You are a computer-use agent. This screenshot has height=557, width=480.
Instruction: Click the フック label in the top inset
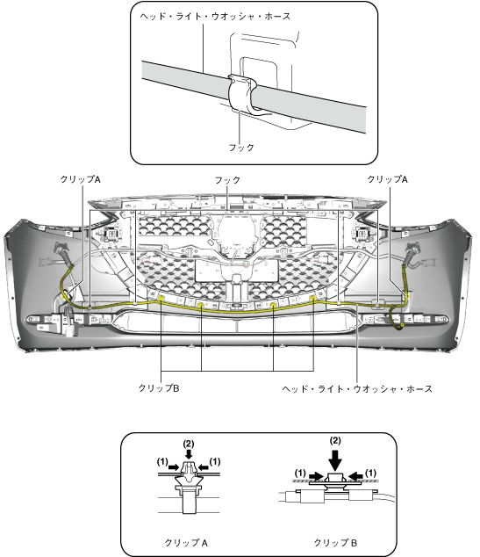click(x=241, y=147)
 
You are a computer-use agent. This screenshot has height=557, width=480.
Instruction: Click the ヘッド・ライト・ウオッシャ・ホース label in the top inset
click(x=215, y=17)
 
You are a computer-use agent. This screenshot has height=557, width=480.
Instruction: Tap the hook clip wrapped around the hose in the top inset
click(x=241, y=93)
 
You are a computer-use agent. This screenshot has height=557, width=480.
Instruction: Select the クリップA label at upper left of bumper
click(x=80, y=179)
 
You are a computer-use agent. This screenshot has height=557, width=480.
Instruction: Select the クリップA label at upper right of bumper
click(x=387, y=179)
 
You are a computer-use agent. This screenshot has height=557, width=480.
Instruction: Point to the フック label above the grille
click(x=227, y=180)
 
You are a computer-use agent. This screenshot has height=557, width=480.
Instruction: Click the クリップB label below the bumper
click(x=159, y=388)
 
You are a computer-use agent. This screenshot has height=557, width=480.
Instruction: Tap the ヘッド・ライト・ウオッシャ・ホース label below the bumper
click(x=357, y=388)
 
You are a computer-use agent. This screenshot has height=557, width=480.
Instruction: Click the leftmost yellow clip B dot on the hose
click(x=161, y=298)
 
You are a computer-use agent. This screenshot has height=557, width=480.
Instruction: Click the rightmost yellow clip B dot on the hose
click(x=313, y=298)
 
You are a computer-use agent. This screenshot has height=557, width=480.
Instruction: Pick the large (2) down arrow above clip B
click(x=335, y=459)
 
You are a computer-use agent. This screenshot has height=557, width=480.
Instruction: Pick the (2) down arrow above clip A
click(x=189, y=453)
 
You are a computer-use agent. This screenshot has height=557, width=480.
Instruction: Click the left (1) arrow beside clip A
click(x=174, y=467)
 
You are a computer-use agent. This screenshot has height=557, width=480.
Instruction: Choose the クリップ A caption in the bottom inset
click(x=186, y=543)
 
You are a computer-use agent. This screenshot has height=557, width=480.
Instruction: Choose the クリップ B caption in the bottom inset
click(x=335, y=543)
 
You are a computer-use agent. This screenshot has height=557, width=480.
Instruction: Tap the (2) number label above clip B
click(x=335, y=441)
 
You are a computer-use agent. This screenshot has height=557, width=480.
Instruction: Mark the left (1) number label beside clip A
click(x=162, y=462)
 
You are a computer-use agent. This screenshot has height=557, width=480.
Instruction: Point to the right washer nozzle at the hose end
click(x=412, y=250)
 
